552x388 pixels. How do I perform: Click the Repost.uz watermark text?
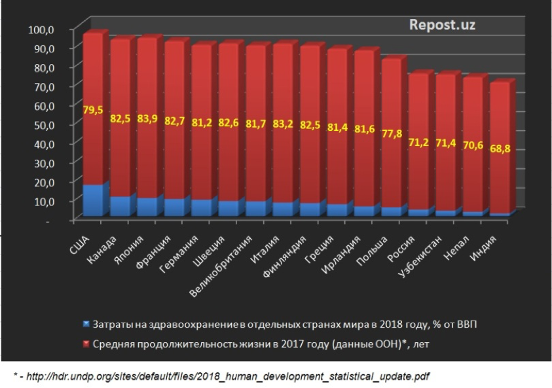442,25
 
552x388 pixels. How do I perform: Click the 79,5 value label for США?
93,110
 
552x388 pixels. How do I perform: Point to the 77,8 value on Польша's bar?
392,134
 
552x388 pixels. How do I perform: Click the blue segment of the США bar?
93,200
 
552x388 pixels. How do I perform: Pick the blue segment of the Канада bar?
120,206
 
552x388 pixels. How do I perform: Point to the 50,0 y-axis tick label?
44,124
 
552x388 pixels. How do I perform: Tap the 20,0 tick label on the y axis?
44,181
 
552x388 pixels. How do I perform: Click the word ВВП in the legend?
470,325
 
